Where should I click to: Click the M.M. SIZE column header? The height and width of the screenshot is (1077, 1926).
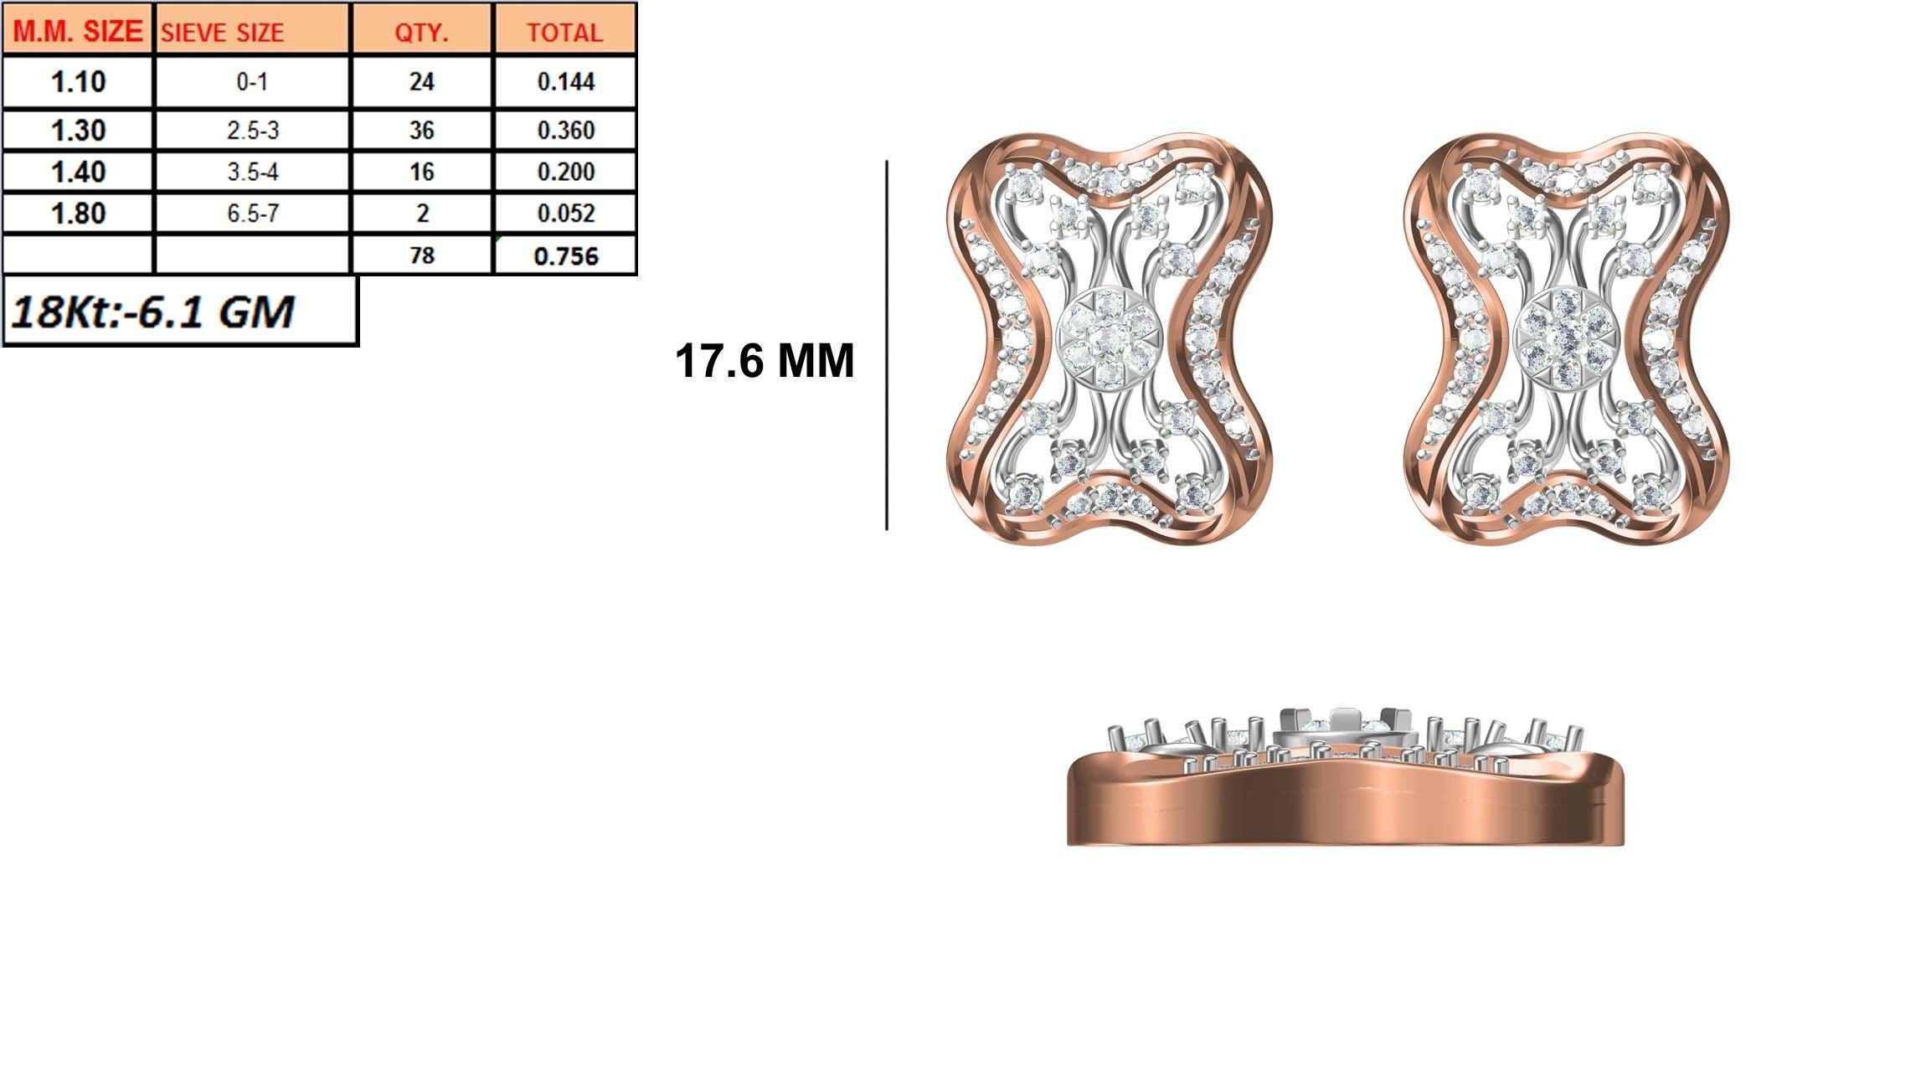pos(78,31)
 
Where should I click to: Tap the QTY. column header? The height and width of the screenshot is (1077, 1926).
pos(422,32)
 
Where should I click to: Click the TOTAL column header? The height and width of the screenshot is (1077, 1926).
pos(564,32)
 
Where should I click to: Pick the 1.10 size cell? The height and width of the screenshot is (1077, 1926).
pos(78,82)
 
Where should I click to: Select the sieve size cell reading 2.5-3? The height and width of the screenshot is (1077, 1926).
pos(251,131)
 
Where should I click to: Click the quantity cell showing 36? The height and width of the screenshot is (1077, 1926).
pos(422,131)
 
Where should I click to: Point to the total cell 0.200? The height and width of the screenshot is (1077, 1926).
pos(565,172)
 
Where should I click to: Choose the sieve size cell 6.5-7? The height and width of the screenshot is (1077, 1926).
pos(251,214)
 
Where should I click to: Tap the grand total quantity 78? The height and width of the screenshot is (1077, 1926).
pos(422,255)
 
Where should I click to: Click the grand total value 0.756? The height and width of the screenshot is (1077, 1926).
pos(565,255)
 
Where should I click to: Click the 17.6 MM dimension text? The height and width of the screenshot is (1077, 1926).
pos(764,362)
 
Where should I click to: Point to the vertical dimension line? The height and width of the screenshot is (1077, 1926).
pos(886,345)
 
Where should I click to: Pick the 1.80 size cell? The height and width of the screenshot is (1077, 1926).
pos(78,214)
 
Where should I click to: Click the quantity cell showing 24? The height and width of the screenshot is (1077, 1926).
pos(422,82)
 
